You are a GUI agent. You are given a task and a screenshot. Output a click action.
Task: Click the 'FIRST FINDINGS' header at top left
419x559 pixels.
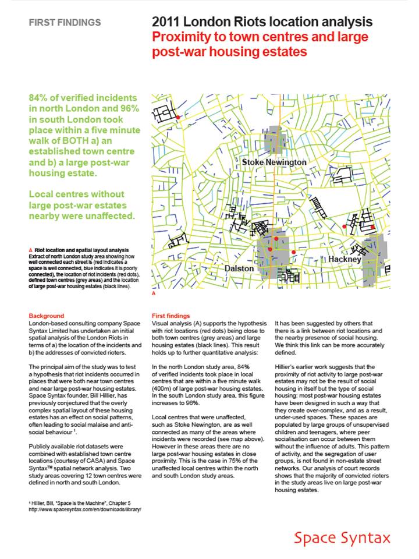pos(65,23)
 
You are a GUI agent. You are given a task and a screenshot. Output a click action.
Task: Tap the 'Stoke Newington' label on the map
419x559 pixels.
pos(274,161)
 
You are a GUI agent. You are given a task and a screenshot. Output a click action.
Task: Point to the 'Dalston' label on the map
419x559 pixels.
pos(239,268)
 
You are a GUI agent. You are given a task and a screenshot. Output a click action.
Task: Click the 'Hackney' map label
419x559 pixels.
pos(345,258)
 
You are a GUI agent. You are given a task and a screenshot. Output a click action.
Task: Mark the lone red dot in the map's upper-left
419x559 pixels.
pos(178,118)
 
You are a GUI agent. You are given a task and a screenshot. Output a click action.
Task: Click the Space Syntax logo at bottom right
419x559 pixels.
pos(342,537)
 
